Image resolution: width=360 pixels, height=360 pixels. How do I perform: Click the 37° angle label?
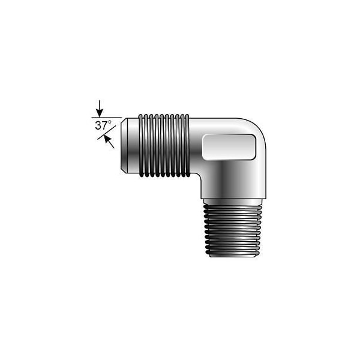pos(104,126)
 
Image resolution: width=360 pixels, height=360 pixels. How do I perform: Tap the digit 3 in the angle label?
pos(98,127)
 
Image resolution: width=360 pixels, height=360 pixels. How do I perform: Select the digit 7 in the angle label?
pos(106,127)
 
